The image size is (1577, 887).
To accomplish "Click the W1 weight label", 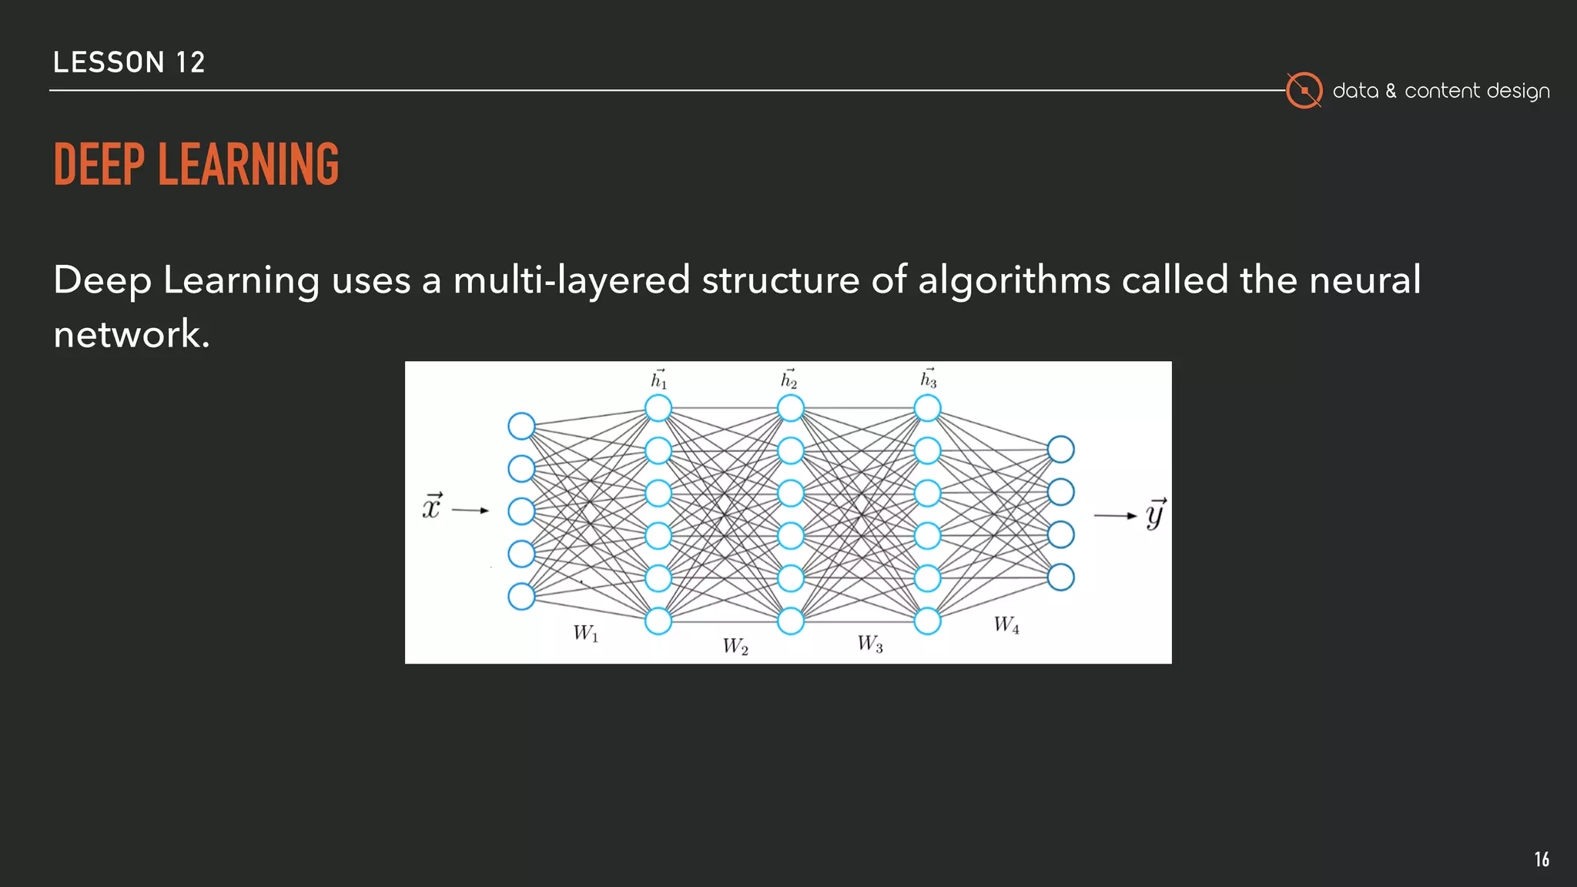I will pyautogui.click(x=585, y=634).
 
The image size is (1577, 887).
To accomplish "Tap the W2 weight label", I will pyautogui.click(x=735, y=646).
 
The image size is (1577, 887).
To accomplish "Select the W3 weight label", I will pyautogui.click(x=870, y=643).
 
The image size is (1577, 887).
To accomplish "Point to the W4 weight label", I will pyautogui.click(x=1006, y=624).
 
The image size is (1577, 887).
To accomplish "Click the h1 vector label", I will pyautogui.click(x=659, y=379).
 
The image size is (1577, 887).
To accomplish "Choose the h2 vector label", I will pyautogui.click(x=789, y=379).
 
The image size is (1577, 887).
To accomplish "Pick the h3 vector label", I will pyautogui.click(x=929, y=379).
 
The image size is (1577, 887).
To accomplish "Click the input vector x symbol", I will pyautogui.click(x=432, y=507).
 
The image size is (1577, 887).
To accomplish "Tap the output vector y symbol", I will pyautogui.click(x=1155, y=514).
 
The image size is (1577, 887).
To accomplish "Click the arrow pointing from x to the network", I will pyautogui.click(x=470, y=510).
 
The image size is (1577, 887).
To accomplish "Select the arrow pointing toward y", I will pyautogui.click(x=1115, y=515).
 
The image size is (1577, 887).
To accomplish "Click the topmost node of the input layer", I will pyautogui.click(x=521, y=426).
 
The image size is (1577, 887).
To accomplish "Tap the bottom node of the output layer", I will pyautogui.click(x=1060, y=577).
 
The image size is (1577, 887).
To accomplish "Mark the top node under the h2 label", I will pyautogui.click(x=791, y=408).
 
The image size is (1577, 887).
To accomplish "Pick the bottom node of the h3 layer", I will pyautogui.click(x=927, y=621).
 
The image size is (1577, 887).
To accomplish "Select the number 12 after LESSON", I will pyautogui.click(x=190, y=62).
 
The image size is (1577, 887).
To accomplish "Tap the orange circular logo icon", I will pyautogui.click(x=1304, y=91).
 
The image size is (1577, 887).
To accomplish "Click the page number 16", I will pyautogui.click(x=1542, y=859).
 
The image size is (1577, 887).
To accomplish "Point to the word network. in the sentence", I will pyautogui.click(x=132, y=334).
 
